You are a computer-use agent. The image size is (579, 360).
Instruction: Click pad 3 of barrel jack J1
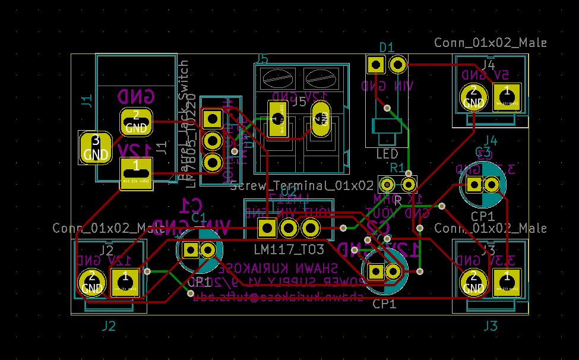[x=95, y=147]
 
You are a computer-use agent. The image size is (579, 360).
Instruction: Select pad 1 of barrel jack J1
[x=136, y=173]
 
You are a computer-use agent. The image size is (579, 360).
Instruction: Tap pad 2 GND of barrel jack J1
[x=136, y=121]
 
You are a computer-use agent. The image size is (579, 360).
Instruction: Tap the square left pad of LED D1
[x=375, y=63]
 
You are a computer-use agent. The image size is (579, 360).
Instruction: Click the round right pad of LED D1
[x=398, y=63]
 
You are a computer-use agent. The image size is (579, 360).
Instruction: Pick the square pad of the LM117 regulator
[x=267, y=227]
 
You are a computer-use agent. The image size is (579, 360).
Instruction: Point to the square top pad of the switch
[x=211, y=118]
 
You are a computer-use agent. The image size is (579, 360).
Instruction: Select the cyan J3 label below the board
[x=490, y=326]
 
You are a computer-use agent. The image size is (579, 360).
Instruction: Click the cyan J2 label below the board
[x=108, y=326]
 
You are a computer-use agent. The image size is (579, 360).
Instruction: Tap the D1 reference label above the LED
[x=387, y=47]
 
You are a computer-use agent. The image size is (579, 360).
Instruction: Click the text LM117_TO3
[x=281, y=248]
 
